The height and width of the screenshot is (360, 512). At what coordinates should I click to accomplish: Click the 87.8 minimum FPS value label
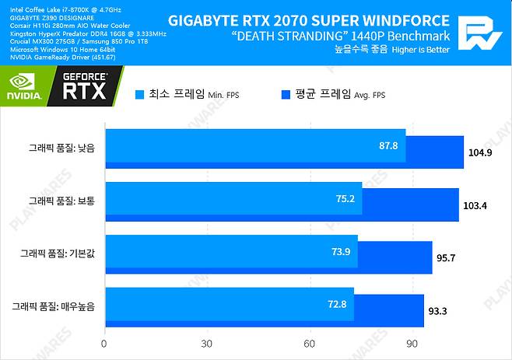coord(389,145)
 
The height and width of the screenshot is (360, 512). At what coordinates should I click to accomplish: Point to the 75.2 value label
coord(345,198)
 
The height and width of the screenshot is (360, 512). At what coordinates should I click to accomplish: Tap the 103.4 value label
coord(475,205)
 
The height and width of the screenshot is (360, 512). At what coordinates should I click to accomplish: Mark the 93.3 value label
coord(438,311)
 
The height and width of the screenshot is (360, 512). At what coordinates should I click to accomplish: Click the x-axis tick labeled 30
coord(207,344)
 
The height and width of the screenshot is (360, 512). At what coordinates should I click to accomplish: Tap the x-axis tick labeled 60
coord(310,344)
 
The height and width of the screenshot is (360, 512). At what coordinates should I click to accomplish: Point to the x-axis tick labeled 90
coord(412,344)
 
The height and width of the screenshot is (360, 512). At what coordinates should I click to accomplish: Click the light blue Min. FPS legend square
coord(140,95)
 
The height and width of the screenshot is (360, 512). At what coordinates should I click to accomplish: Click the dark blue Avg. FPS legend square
coord(285,95)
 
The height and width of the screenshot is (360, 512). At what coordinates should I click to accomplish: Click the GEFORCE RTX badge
coord(86,87)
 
